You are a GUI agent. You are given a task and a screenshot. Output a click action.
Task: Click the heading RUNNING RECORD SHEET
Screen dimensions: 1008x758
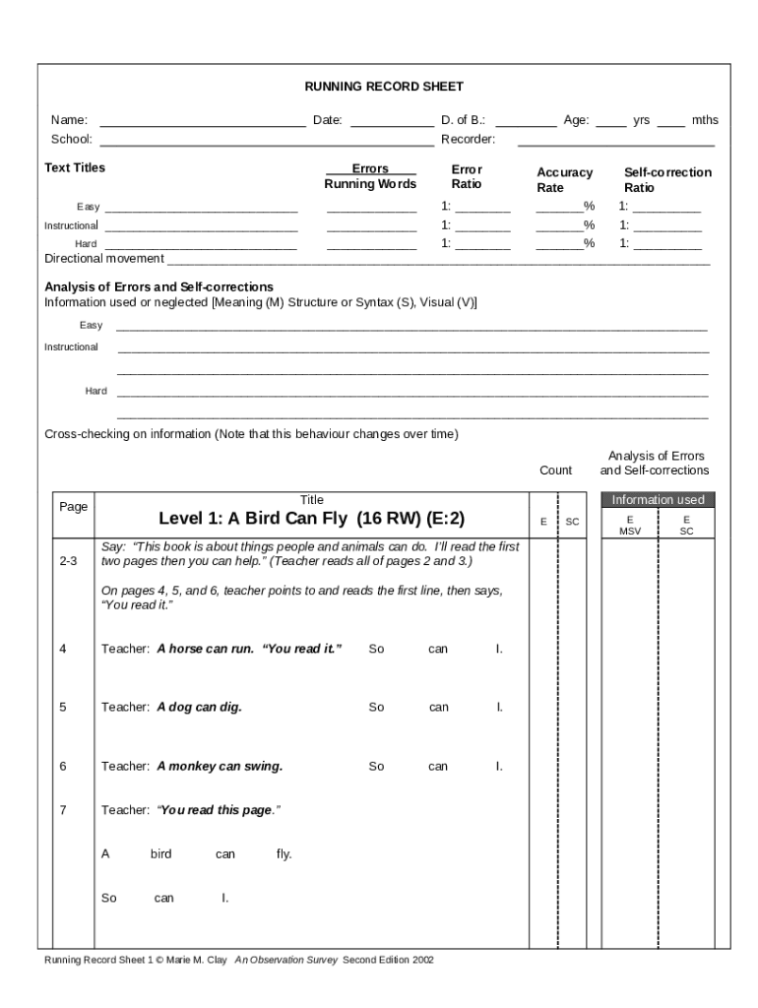pos(384,87)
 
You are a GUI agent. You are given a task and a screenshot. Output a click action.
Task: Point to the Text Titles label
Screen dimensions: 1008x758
pos(75,167)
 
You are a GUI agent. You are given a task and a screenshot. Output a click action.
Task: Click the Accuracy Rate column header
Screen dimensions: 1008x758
pos(564,179)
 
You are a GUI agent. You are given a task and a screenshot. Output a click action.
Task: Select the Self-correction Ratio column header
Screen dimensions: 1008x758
pos(666,179)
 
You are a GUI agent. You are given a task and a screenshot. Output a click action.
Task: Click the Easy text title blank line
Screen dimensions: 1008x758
pos(201,209)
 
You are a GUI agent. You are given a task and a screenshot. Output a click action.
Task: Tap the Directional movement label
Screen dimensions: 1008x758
pos(104,258)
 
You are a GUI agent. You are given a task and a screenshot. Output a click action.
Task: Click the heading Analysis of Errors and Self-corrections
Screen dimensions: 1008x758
pos(158,286)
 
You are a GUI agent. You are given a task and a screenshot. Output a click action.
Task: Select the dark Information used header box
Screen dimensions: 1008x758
pos(658,499)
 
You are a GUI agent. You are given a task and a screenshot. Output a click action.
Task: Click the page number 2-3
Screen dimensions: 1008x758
pos(69,561)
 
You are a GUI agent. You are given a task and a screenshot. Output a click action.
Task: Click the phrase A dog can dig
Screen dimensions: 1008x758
pos(199,707)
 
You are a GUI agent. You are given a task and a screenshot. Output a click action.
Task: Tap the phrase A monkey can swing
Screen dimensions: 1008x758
pos(220,766)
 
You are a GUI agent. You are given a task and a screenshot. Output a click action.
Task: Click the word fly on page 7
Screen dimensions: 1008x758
pos(284,854)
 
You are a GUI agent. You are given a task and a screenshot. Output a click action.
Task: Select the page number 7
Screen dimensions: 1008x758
pos(63,810)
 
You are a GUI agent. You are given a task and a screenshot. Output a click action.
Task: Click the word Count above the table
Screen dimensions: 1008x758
pos(555,471)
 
